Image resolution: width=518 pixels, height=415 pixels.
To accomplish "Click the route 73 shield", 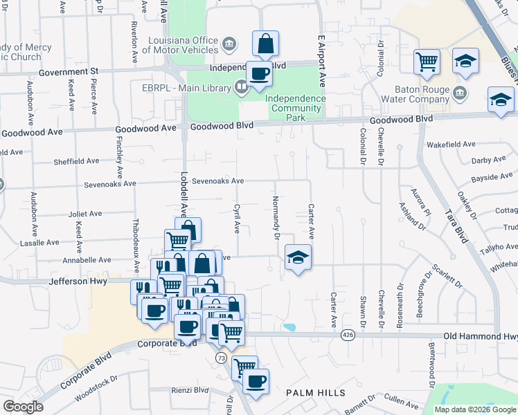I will (x=221, y=358).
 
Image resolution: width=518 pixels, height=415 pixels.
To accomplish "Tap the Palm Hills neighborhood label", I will (x=316, y=392).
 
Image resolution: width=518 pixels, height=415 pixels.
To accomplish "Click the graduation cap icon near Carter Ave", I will (x=298, y=258).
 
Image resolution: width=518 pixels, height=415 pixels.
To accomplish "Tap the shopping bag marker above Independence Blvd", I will (x=265, y=44).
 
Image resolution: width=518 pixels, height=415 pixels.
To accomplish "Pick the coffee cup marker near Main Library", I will (x=259, y=73).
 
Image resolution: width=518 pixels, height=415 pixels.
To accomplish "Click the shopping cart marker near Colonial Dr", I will (x=427, y=62).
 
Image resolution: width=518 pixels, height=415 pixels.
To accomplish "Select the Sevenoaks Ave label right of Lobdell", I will (x=218, y=181).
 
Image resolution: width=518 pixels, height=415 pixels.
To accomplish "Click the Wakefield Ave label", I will (x=451, y=145).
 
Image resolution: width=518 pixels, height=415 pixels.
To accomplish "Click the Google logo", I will (x=23, y=407).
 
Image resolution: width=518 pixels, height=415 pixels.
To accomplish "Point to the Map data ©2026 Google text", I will (x=475, y=409).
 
